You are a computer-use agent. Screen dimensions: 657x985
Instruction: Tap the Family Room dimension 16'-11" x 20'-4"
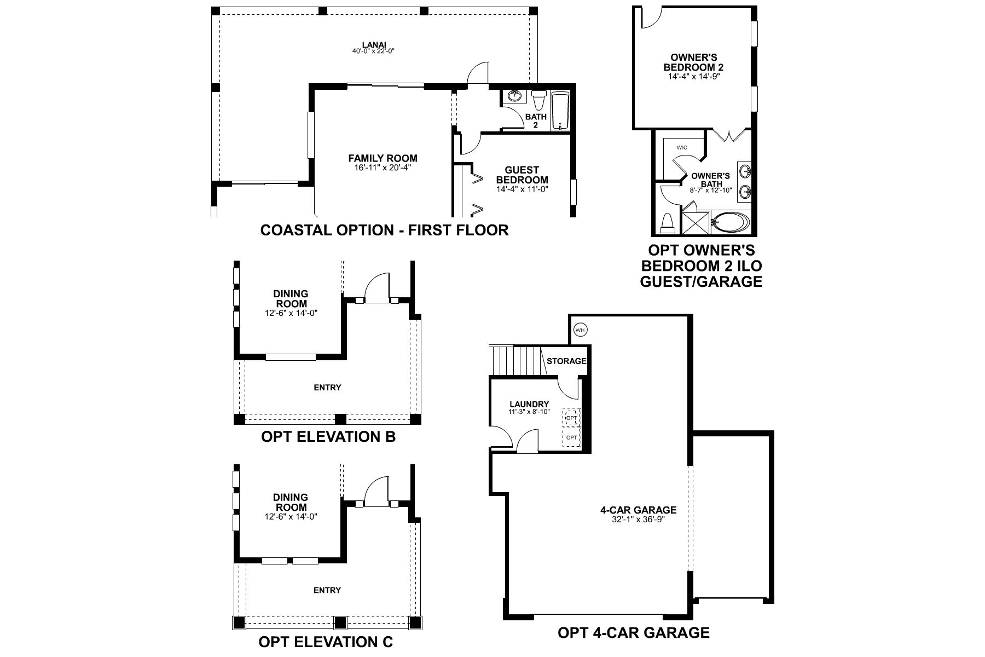pos(382,168)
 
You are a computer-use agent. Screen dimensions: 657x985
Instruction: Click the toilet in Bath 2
pos(537,100)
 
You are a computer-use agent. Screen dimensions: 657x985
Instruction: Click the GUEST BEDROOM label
pos(522,175)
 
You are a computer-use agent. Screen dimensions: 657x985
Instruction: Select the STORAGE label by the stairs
pos(566,361)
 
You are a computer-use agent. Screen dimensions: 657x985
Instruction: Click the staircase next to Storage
pos(515,360)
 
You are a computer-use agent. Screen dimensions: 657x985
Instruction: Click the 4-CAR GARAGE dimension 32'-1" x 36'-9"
pos(638,520)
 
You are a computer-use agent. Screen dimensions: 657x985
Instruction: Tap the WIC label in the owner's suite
pos(681,147)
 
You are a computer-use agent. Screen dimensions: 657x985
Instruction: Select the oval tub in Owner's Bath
pos(732,224)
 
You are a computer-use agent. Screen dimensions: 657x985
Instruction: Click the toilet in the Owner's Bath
pos(667,222)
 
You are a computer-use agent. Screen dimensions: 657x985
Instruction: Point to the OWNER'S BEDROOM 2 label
pos(693,62)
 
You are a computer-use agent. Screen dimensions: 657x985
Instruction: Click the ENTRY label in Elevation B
pos(327,388)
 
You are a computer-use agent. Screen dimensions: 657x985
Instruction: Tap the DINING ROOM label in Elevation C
pos(291,502)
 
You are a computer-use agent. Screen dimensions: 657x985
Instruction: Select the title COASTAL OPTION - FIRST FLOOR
pos(384,230)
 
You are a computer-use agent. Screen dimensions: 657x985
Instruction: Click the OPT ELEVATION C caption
pos(326,642)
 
